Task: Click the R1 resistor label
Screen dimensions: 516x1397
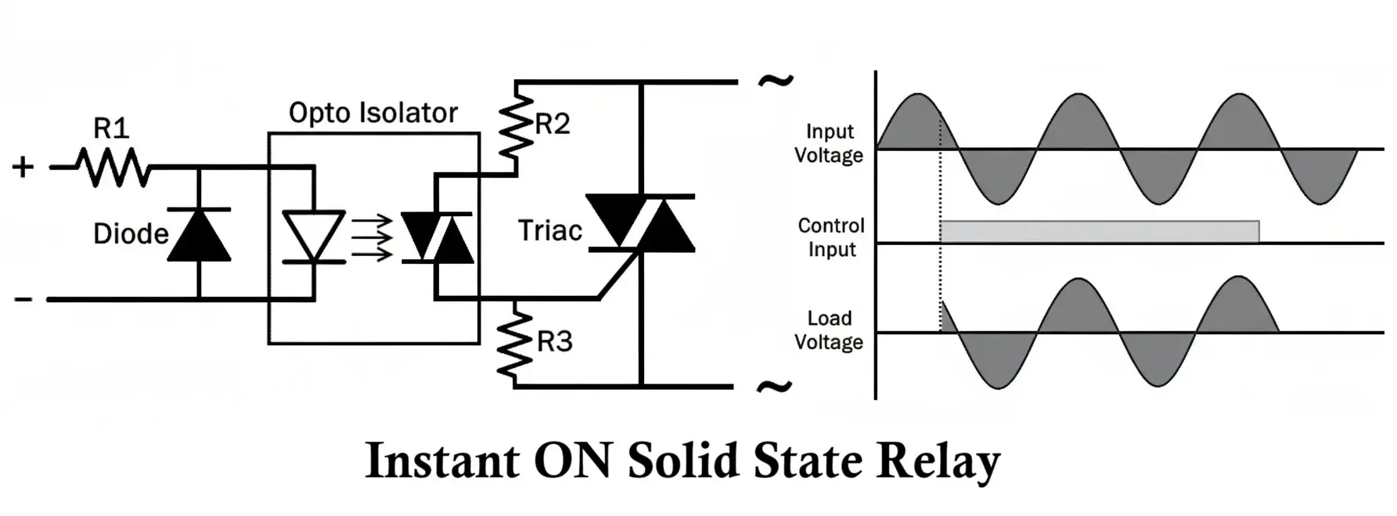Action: [111, 128]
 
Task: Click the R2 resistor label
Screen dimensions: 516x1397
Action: [553, 124]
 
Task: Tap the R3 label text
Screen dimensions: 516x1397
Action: [555, 341]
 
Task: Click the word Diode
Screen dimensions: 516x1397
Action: [131, 233]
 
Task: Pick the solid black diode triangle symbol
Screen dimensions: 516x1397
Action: [199, 234]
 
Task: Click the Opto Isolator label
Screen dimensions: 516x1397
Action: [373, 113]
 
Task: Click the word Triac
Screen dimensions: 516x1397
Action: [550, 231]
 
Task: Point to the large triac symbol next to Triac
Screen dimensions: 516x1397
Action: [640, 223]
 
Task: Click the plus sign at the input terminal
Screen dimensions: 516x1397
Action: [23, 167]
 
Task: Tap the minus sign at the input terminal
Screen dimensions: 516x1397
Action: [23, 299]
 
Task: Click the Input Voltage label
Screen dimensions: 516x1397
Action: [829, 143]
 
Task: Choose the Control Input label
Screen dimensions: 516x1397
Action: [831, 237]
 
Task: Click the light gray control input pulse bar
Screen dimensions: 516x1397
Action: [1100, 232]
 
